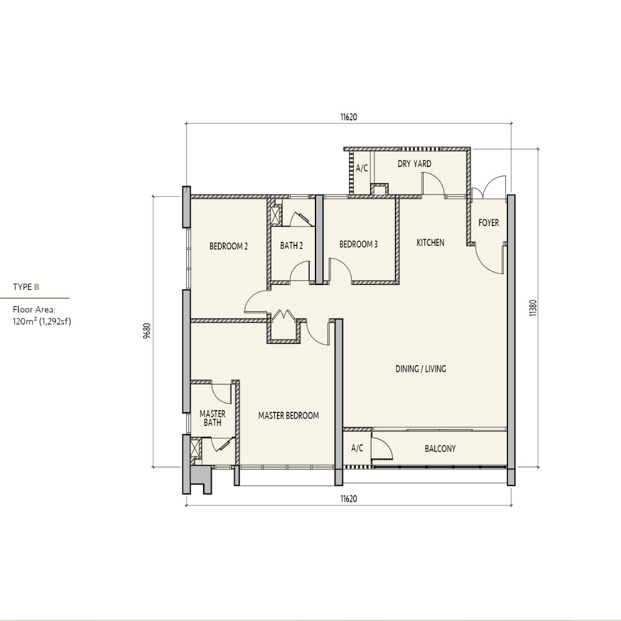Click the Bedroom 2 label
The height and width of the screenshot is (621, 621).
tap(229, 247)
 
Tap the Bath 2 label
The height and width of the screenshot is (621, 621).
tap(291, 245)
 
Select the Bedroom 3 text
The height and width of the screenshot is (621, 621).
tap(358, 244)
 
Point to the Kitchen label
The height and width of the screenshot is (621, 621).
tap(430, 242)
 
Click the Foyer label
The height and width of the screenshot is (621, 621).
tap(489, 222)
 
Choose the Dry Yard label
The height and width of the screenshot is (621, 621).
tap(414, 163)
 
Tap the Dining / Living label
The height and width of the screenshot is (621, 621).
tap(420, 369)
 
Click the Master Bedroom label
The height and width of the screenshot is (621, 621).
tap(288, 415)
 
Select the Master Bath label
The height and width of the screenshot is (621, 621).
tap(212, 418)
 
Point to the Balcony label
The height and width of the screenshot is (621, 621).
tap(440, 449)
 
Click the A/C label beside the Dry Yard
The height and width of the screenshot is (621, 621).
tap(361, 168)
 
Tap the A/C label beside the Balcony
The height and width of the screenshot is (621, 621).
tap(357, 448)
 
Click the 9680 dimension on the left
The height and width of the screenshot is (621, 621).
tap(147, 331)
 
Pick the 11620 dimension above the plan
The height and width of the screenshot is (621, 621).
tap(348, 117)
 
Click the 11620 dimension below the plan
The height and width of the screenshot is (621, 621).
tap(348, 499)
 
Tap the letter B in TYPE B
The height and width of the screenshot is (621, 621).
tap(37, 287)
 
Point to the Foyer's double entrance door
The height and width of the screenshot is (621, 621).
tap(489, 188)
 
